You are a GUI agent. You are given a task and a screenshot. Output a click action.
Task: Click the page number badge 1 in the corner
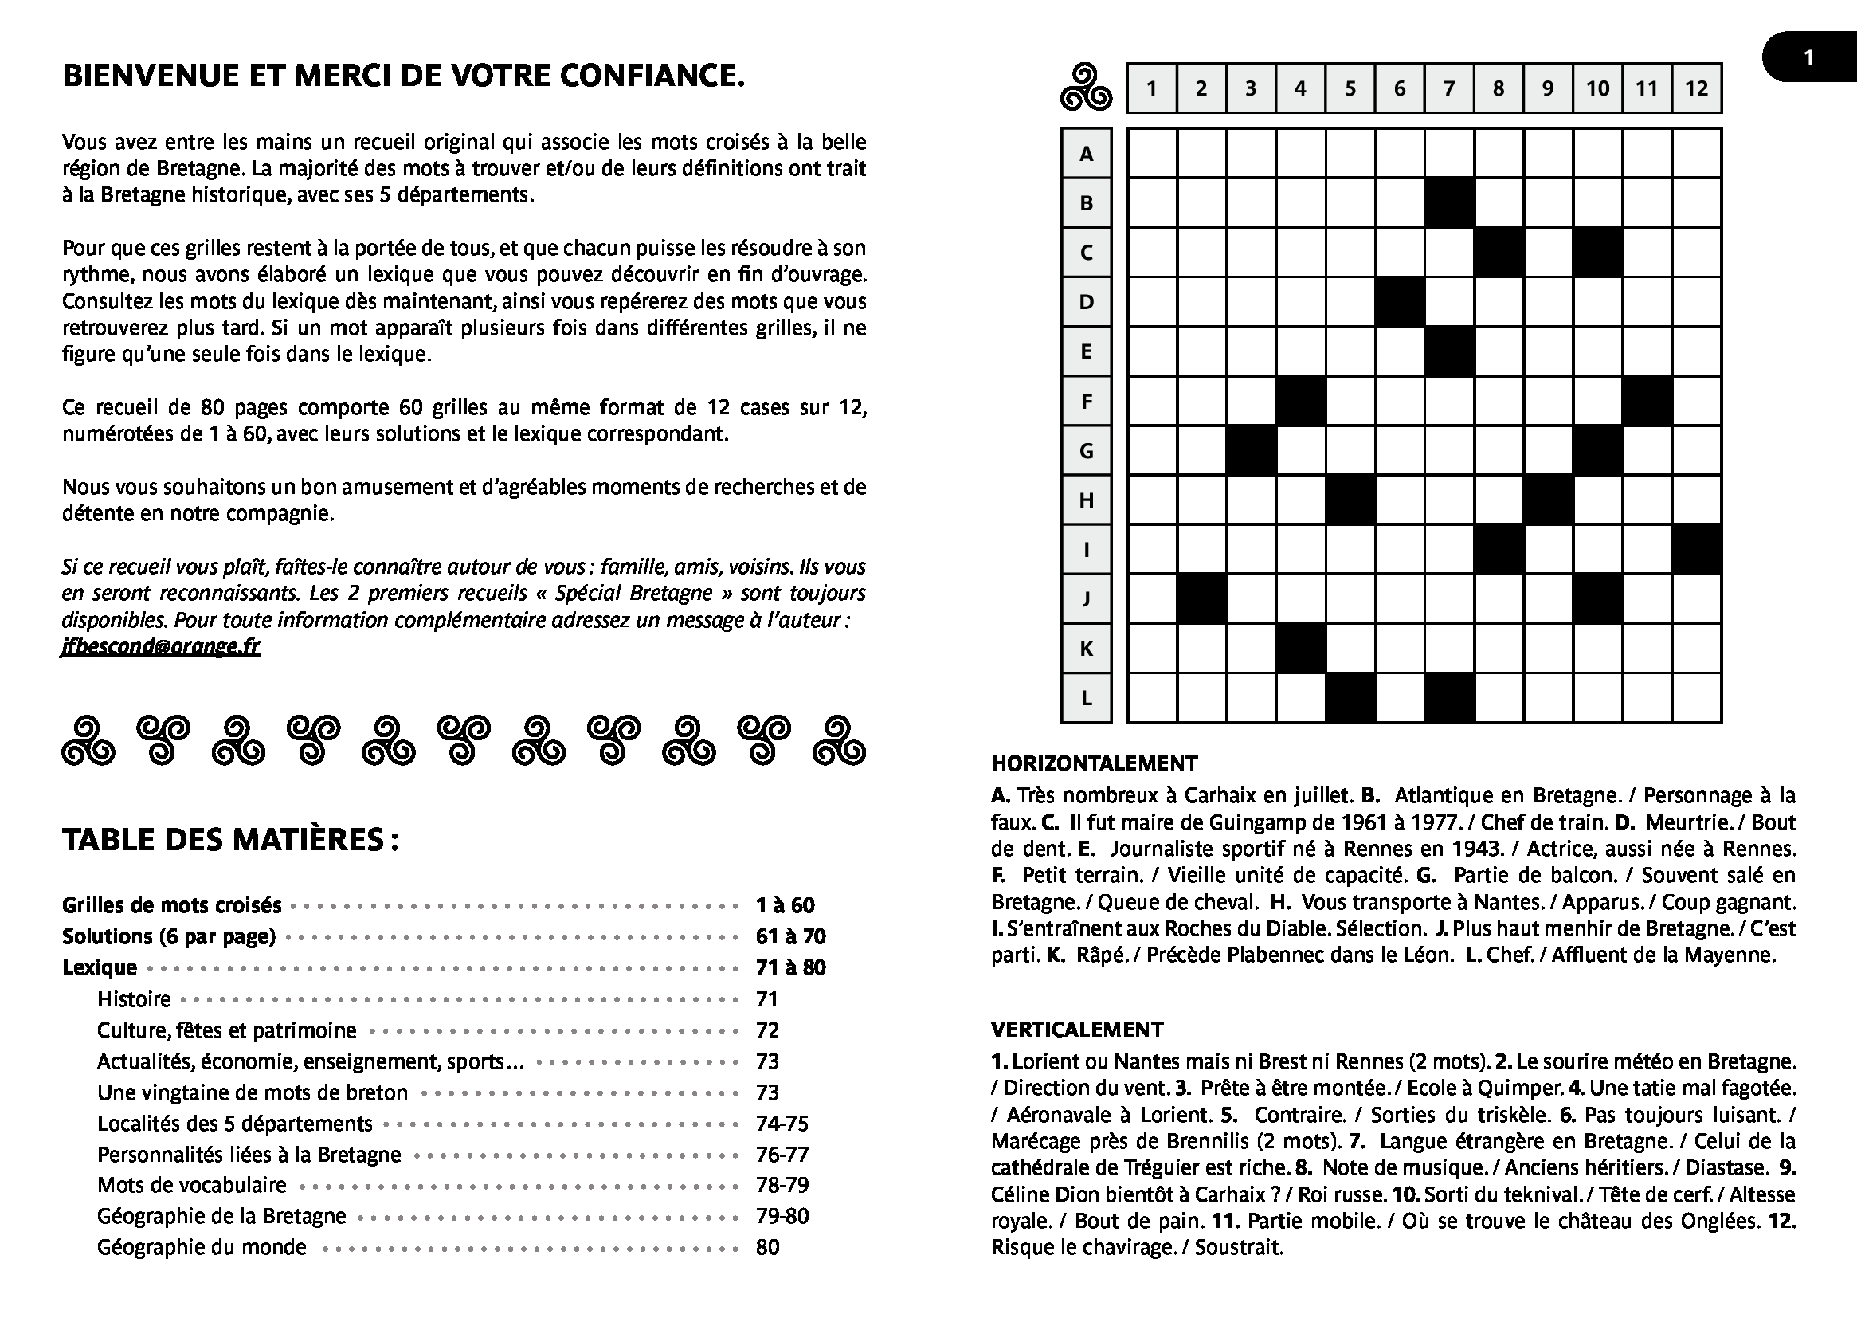click(1808, 57)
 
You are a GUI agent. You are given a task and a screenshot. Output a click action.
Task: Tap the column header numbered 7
click(1449, 88)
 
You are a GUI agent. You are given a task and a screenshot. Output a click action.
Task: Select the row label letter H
click(1087, 500)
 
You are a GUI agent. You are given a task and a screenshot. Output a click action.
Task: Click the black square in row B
click(1449, 203)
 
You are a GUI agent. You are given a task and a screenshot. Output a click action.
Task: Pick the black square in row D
click(1400, 302)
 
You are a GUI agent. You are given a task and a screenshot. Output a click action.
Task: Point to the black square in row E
click(1449, 351)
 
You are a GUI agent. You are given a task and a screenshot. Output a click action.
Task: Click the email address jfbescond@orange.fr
click(161, 646)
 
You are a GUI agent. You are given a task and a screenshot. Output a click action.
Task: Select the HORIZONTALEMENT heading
click(1095, 763)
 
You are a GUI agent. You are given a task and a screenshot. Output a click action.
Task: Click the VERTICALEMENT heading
click(1076, 1029)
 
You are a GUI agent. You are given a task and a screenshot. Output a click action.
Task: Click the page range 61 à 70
click(790, 936)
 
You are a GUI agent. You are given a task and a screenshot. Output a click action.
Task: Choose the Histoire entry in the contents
click(134, 999)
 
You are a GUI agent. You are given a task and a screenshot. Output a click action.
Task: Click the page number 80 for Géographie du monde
click(767, 1247)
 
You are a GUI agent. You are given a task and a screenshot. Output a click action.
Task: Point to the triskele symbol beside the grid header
click(1086, 88)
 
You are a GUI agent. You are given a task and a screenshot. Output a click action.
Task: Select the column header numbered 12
click(1696, 88)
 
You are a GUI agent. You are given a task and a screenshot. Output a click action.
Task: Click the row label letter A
click(1087, 153)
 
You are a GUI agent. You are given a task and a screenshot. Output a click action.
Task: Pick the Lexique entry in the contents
click(100, 967)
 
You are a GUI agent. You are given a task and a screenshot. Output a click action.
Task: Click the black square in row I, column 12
click(1696, 550)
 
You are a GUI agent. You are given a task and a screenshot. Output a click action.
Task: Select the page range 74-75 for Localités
click(782, 1124)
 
